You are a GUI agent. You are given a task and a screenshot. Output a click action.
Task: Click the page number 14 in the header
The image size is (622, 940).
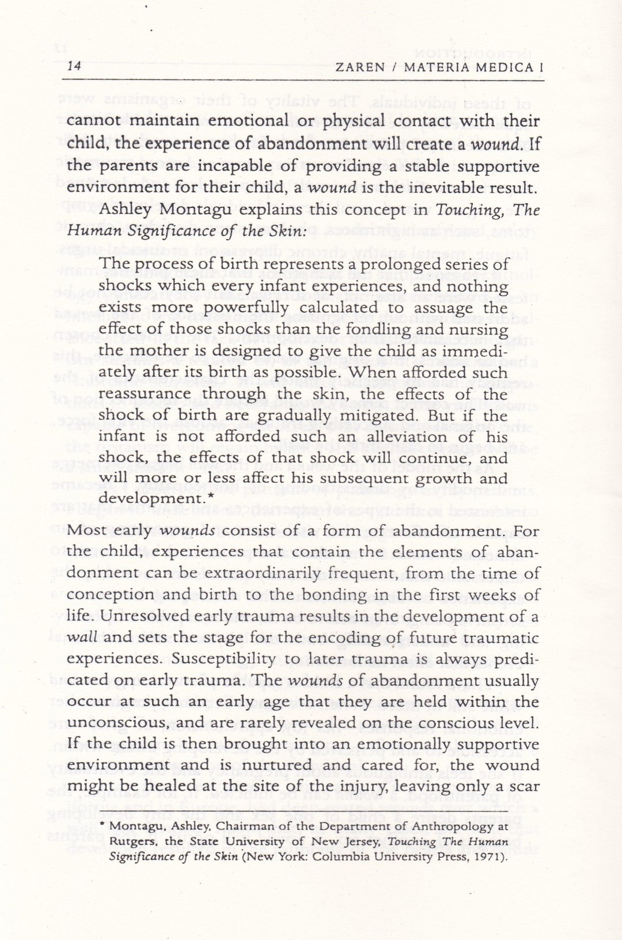point(74,66)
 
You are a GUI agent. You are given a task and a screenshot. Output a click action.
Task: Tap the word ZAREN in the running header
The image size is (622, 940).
point(359,67)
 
